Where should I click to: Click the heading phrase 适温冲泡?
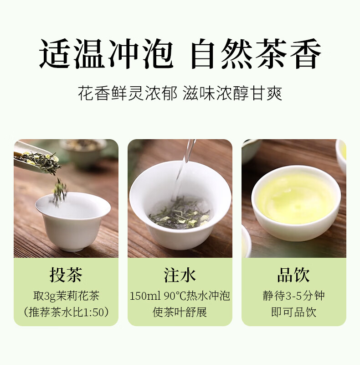(106, 54)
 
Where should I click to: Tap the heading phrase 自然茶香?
(256, 54)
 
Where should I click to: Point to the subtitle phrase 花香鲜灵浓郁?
(128, 94)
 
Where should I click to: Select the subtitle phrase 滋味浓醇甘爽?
(232, 94)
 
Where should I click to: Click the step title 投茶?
(66, 275)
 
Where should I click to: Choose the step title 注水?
(180, 275)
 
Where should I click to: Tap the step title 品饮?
(294, 275)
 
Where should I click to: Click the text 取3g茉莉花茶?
(66, 296)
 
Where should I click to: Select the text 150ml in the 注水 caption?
(145, 296)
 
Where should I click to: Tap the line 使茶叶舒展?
(180, 313)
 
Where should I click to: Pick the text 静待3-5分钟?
(294, 296)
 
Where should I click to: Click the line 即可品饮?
(294, 313)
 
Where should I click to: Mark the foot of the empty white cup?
(72, 248)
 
